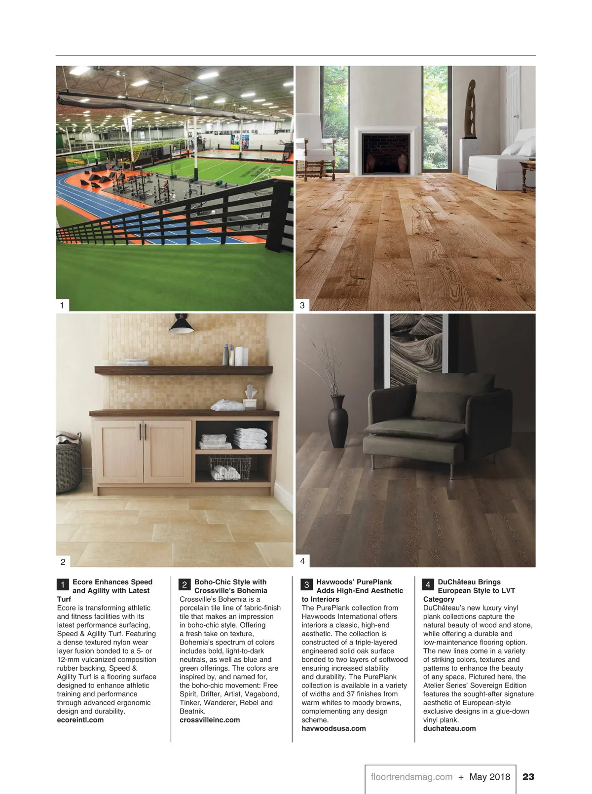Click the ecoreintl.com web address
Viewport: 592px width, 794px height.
tap(80, 720)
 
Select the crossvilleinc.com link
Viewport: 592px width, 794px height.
tap(210, 720)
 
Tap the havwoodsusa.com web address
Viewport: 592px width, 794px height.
tap(333, 728)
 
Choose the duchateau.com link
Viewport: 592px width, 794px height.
tap(449, 728)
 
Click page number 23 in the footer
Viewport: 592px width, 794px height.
tap(528, 777)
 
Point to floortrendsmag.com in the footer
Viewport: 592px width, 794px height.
tap(411, 777)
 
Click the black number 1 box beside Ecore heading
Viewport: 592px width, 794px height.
tap(63, 585)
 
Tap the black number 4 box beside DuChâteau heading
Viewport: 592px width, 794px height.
tap(428, 585)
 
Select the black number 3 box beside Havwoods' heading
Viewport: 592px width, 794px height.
tap(306, 585)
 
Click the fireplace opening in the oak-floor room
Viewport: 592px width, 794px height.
tap(385, 153)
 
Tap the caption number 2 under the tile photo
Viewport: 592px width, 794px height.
tap(63, 562)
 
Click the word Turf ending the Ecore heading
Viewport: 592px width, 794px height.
tap(64, 599)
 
